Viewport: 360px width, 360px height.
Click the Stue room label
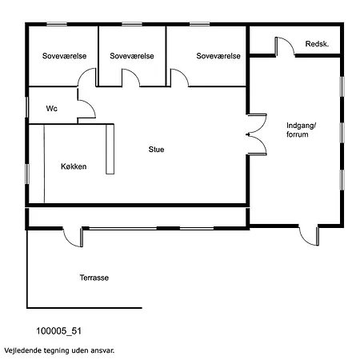tap(156, 150)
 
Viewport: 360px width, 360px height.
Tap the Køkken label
tap(74, 166)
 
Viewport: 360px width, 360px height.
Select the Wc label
tap(52, 109)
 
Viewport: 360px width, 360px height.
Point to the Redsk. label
tap(317, 44)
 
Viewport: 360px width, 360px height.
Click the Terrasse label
tap(94, 278)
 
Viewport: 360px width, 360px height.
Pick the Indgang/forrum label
tap(301, 130)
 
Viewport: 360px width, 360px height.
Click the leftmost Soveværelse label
tap(64, 56)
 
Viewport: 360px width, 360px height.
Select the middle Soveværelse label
tap(132, 56)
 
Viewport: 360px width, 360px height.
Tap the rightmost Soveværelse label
tap(218, 56)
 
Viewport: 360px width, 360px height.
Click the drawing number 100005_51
tap(58, 331)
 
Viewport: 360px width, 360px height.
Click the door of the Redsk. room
tap(285, 46)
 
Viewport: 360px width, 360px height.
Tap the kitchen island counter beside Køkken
tap(110, 149)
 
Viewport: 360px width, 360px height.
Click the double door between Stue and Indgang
tap(257, 134)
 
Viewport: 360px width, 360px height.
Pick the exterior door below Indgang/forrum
tap(309, 236)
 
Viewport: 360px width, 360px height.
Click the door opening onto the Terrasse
tap(73, 238)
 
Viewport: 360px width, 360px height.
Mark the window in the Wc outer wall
tap(26, 107)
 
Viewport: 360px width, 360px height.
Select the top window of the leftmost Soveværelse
tap(57, 24)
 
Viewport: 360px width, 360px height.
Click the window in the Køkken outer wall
tap(26, 174)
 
